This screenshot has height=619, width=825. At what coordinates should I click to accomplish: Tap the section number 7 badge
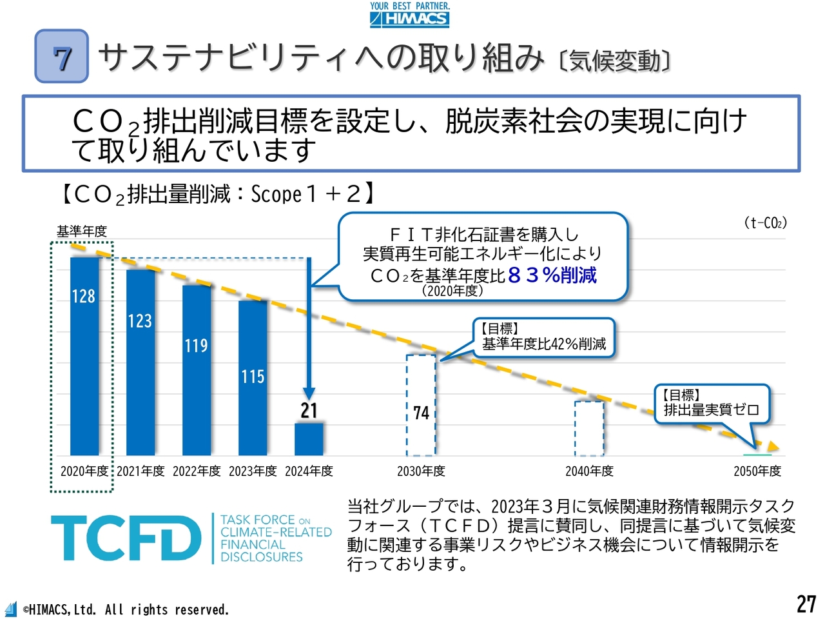click(62, 57)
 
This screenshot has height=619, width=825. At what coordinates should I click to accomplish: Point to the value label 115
click(253, 377)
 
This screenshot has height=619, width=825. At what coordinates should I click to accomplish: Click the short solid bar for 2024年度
click(309, 440)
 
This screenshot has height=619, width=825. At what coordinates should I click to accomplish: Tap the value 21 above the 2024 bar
click(309, 411)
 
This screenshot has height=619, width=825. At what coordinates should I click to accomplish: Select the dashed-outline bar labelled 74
click(421, 405)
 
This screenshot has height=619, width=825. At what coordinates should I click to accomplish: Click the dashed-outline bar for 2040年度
click(589, 428)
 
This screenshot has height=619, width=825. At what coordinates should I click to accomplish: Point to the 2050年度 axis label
click(757, 471)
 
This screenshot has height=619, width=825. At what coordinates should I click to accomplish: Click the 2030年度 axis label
click(421, 471)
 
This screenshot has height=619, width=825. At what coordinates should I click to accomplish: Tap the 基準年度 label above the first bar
click(81, 231)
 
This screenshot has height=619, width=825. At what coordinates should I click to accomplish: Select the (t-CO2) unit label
click(765, 223)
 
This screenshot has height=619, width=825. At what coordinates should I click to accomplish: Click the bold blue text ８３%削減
click(552, 275)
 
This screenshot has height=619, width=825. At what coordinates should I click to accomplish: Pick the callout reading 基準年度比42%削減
click(544, 337)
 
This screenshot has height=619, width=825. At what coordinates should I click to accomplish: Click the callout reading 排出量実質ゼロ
click(712, 404)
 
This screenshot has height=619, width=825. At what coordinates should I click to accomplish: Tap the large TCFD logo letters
click(126, 538)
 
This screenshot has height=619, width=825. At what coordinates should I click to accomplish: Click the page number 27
click(806, 604)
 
